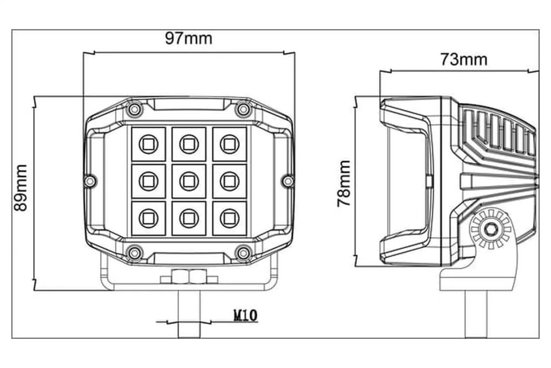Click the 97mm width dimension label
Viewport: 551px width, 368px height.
(x=189, y=38)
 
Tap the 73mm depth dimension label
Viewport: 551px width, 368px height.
(x=464, y=59)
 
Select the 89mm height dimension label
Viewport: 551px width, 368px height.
(x=21, y=188)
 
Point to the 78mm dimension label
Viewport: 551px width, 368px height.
(x=344, y=183)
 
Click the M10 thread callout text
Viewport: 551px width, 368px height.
(x=245, y=316)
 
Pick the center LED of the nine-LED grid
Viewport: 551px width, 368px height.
(x=189, y=181)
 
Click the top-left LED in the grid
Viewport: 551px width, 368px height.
(x=149, y=144)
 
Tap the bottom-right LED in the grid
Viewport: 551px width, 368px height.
(x=229, y=218)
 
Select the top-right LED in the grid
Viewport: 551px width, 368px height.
(x=229, y=144)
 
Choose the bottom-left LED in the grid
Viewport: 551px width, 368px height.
(x=149, y=218)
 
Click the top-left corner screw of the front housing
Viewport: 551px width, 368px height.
(x=134, y=109)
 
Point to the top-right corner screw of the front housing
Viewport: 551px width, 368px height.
(x=243, y=109)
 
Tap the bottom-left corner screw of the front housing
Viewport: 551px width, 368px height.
(x=134, y=253)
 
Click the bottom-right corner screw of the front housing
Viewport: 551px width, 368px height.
(x=243, y=253)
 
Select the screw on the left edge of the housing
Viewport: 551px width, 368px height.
(x=90, y=181)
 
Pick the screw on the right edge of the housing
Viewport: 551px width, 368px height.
(x=288, y=181)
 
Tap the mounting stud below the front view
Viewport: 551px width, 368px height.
(x=189, y=314)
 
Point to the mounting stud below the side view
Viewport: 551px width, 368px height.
(x=477, y=314)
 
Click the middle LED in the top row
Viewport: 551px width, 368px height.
(x=189, y=144)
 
